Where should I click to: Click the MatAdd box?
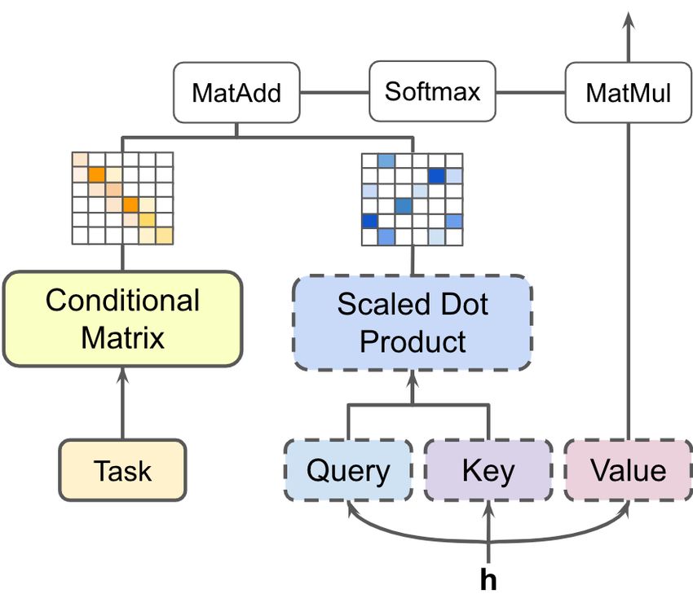[x=236, y=93]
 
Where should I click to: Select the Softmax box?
[x=432, y=91]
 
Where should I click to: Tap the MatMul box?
[x=628, y=93]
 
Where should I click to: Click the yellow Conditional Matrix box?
[x=122, y=319]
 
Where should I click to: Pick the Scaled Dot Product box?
[x=413, y=323]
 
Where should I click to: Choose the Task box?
[x=122, y=470]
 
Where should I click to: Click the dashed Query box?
[x=348, y=470]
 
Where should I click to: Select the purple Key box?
[x=488, y=470]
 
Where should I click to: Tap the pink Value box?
[x=629, y=470]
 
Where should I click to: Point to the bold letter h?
[x=488, y=579]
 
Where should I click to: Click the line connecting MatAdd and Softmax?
[x=334, y=93]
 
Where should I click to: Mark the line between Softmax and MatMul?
[x=531, y=93]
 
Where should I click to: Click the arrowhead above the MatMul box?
[x=629, y=20]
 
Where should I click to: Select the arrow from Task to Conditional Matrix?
[x=122, y=403]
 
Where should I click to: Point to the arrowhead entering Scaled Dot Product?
[x=413, y=379]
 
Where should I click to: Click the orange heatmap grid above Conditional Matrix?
[x=122, y=198]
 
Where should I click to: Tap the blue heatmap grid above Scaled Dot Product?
[x=413, y=200]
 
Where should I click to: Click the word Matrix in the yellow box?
[x=122, y=338]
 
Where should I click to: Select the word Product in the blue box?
[x=413, y=341]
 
